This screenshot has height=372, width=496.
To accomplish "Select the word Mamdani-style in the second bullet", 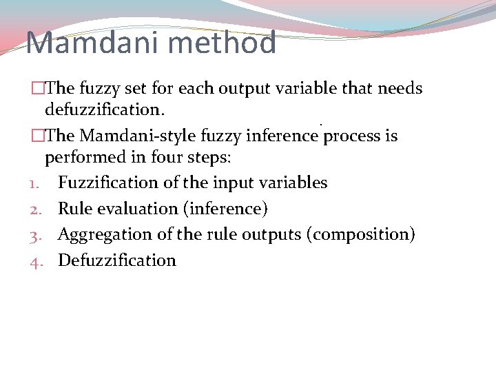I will [x=146, y=136].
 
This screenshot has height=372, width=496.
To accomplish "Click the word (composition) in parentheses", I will [x=363, y=234].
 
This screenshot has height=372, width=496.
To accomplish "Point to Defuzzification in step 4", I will [x=117, y=260].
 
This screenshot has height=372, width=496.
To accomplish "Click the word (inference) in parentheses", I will [x=229, y=208].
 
